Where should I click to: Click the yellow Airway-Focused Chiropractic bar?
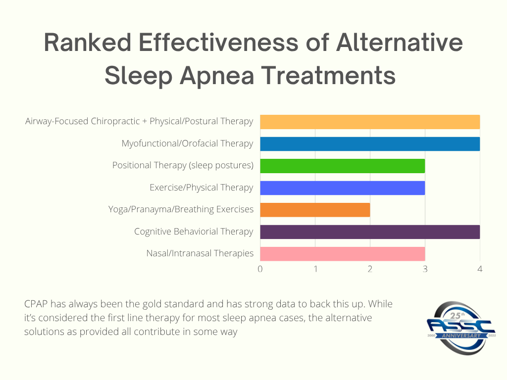(x=370, y=122)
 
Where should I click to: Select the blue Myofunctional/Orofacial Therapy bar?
(x=370, y=144)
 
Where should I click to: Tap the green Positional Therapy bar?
(x=342, y=166)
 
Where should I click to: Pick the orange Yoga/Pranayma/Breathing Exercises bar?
(x=315, y=210)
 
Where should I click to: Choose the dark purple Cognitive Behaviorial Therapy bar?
(x=370, y=232)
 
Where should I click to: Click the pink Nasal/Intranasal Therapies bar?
(x=342, y=254)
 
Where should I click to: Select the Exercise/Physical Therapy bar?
(x=342, y=188)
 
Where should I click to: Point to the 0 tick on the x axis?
(x=260, y=269)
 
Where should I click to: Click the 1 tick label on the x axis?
(x=315, y=269)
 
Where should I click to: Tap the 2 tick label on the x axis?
(x=370, y=269)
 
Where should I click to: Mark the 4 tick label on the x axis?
(x=479, y=269)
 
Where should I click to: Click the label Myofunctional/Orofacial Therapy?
(x=187, y=144)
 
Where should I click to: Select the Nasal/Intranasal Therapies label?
(x=200, y=254)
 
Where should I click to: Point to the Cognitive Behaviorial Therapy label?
(x=194, y=232)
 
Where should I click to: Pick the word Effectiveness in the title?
(x=218, y=44)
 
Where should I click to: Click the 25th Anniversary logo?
(x=460, y=327)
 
